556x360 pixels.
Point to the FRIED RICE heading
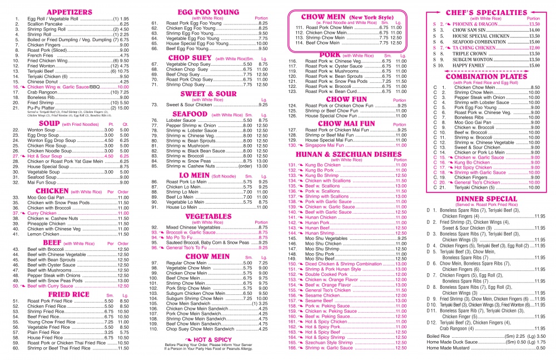click(68, 294)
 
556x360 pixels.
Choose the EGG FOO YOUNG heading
click(208, 11)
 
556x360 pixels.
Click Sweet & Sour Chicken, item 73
click(187, 105)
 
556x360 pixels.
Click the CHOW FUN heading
click(346, 99)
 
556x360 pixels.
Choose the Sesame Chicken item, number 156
click(326, 295)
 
